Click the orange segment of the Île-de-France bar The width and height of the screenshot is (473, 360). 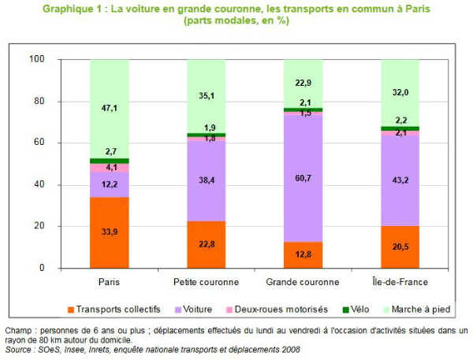pos(400,247)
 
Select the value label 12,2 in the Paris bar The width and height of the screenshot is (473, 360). pos(110,185)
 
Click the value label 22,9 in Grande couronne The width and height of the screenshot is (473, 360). pos(304,84)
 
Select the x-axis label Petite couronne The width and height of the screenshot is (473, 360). pos(207,281)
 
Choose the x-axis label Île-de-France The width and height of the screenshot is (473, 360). pos(400,281)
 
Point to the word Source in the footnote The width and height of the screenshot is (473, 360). pos(20,349)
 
